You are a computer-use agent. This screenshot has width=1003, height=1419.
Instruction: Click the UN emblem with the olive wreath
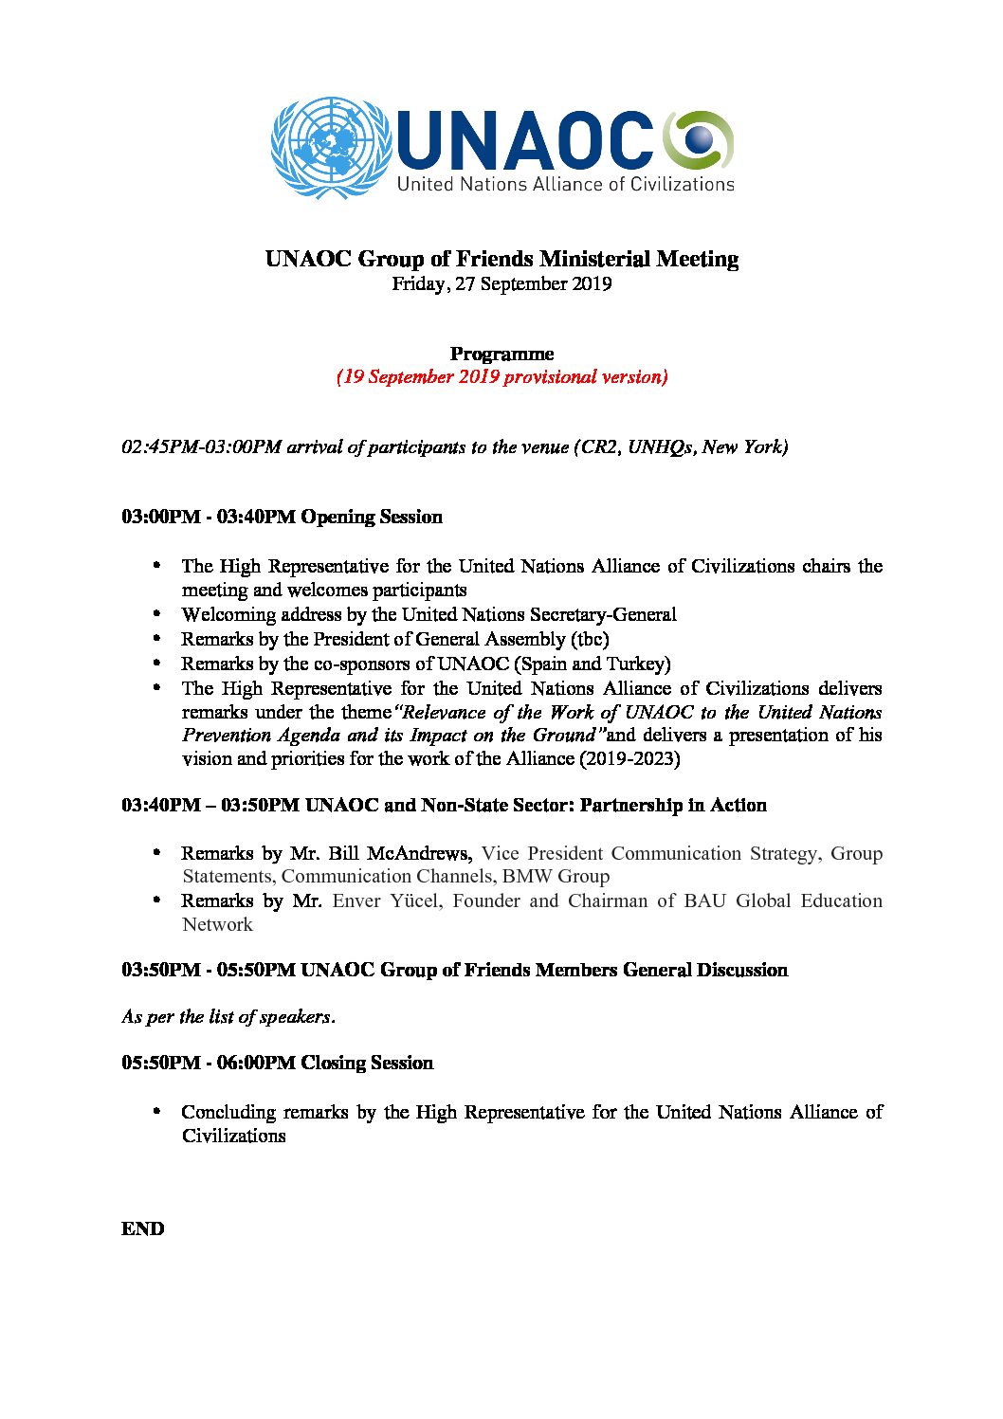331,148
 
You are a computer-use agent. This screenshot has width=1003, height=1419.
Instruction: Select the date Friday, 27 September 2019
501,284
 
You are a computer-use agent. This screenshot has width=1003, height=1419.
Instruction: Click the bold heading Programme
501,354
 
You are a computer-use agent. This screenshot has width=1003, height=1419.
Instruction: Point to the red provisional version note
501,377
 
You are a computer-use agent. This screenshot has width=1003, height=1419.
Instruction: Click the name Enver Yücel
386,901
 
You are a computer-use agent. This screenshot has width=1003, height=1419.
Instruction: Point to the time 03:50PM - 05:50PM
209,970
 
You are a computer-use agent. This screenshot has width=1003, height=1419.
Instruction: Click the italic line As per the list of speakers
228,1016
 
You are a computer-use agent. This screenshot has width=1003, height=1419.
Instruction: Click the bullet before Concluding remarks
158,1111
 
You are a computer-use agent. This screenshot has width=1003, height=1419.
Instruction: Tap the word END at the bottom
142,1228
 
